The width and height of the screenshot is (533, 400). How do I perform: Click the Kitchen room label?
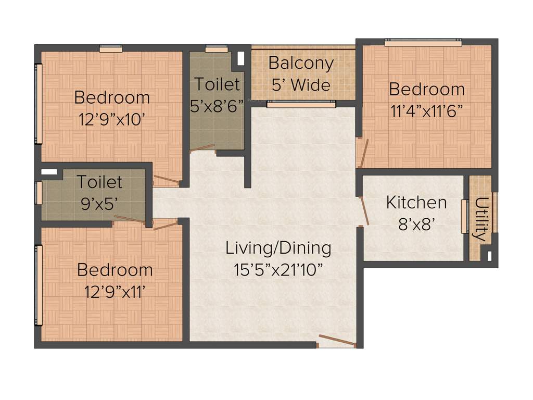[416, 202]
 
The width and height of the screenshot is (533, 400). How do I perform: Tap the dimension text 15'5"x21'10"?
[278, 270]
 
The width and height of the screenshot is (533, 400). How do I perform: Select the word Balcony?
[301, 64]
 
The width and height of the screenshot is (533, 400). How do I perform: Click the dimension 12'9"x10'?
[111, 119]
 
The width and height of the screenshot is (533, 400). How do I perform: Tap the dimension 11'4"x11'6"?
[426, 111]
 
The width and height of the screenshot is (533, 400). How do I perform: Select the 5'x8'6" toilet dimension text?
[217, 106]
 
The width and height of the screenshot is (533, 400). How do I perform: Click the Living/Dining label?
[278, 248]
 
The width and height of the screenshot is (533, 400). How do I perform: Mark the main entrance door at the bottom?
[337, 341]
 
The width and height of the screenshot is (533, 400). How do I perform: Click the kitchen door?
[365, 211]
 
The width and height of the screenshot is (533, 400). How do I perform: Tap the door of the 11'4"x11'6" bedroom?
[363, 153]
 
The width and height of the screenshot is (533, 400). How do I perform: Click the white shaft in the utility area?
[489, 256]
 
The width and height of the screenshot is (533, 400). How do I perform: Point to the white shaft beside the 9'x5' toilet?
[49, 171]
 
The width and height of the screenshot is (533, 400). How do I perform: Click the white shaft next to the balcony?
[240, 58]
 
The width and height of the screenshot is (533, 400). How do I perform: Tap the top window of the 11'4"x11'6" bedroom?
[423, 43]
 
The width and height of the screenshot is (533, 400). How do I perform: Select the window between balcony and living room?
[301, 105]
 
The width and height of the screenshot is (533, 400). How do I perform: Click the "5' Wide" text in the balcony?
[301, 84]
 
